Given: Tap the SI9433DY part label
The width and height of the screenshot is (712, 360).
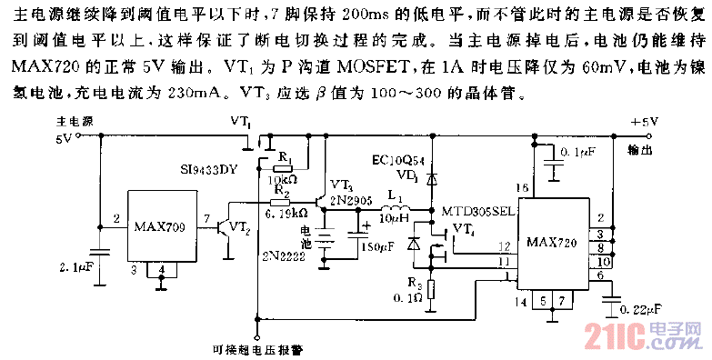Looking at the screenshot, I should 211,170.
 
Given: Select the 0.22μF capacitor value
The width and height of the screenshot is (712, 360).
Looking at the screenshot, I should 641,308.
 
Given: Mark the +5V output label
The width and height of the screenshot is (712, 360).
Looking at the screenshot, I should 645,121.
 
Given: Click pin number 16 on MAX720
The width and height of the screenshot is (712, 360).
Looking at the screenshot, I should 521,188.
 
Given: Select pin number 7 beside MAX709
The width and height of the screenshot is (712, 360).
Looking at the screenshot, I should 206,219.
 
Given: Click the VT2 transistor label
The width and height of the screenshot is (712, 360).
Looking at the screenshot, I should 238,225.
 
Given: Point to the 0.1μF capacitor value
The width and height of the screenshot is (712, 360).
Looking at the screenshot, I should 578,151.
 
